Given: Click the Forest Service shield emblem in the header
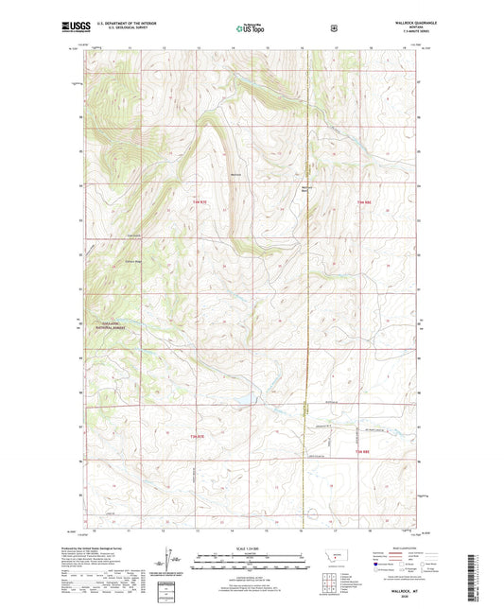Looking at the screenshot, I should (334, 29).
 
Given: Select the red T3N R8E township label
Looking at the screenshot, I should (364, 202).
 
